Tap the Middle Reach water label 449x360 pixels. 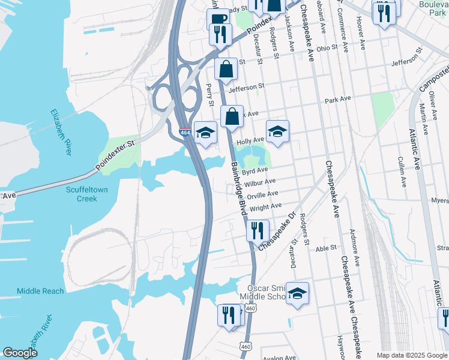[x=40, y=291]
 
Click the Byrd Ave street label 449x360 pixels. [x=255, y=170]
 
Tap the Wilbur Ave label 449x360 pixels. [x=259, y=182]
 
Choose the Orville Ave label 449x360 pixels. [x=264, y=194]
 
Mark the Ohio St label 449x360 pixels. [x=328, y=48]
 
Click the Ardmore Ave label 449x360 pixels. [x=356, y=253]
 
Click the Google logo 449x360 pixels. [x=20, y=353]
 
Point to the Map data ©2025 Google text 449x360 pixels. [x=411, y=355]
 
